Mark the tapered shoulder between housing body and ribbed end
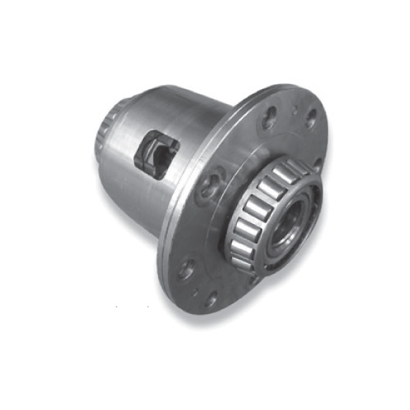click(123, 115)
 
